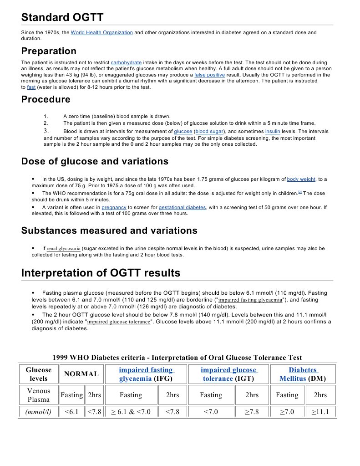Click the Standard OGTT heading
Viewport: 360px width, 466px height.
tap(62, 18)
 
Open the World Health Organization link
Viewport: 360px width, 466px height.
tap(102, 33)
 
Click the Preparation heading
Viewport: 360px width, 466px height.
tap(49, 51)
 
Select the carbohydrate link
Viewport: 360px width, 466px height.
tap(126, 62)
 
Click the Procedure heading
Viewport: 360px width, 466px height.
tap(46, 99)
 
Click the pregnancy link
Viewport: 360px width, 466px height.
tap(114, 207)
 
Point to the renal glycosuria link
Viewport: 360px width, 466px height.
tap(63, 249)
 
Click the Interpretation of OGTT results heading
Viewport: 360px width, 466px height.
tap(101, 273)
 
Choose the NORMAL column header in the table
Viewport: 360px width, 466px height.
tap(81, 374)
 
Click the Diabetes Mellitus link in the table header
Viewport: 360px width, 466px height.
tap(303, 374)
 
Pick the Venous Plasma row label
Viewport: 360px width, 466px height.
tap(39, 395)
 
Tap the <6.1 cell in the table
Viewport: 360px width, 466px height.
tap(71, 412)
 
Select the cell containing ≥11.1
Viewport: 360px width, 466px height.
tap(320, 412)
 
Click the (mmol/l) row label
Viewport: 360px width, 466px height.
tap(39, 412)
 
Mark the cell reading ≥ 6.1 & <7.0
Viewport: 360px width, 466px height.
tap(131, 412)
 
